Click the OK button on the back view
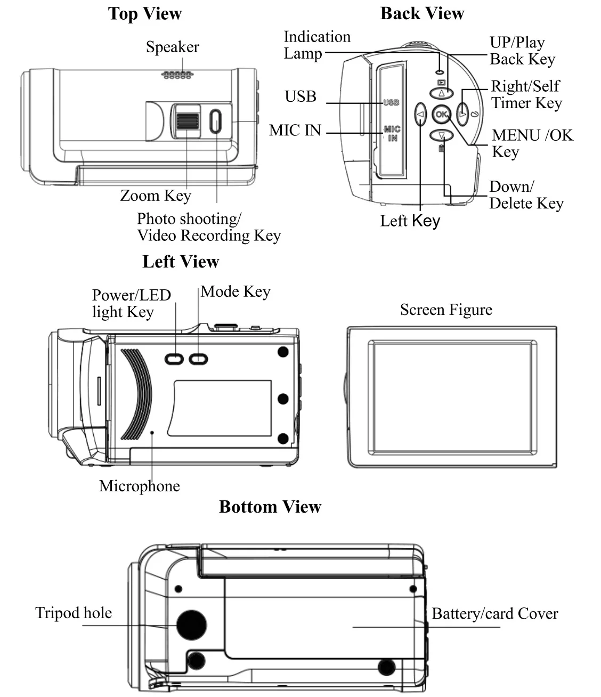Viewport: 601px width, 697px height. click(x=441, y=115)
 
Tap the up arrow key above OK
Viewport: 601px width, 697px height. click(x=441, y=93)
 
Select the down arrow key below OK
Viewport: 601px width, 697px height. click(x=441, y=135)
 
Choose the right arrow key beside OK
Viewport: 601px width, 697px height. click(x=462, y=115)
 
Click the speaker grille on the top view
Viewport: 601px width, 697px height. click(x=177, y=75)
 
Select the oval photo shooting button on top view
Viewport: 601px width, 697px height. click(x=216, y=121)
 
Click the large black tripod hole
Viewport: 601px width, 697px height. click(x=191, y=625)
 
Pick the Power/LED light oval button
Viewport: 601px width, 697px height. click(x=174, y=359)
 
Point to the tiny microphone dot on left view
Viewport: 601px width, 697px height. click(x=152, y=432)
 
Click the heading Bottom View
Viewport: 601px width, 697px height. click(x=270, y=506)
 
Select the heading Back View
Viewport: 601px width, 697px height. click(x=422, y=13)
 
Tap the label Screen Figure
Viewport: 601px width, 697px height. click(x=446, y=310)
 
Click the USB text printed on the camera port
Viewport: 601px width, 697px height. click(x=391, y=102)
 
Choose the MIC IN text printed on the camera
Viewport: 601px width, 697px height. click(x=392, y=134)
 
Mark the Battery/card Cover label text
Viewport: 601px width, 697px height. click(x=495, y=614)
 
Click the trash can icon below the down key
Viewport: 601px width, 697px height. click(x=441, y=148)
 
